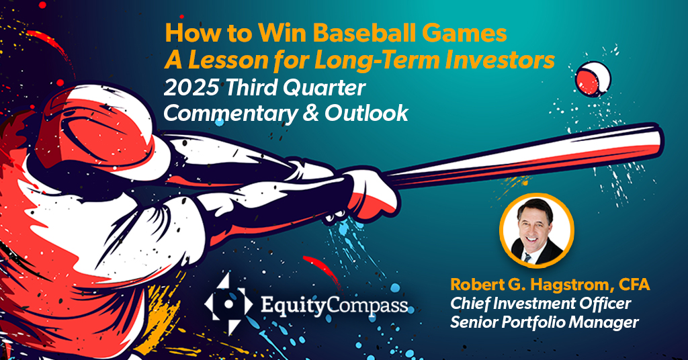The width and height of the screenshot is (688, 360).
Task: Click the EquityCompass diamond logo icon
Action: pos(228,304)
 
